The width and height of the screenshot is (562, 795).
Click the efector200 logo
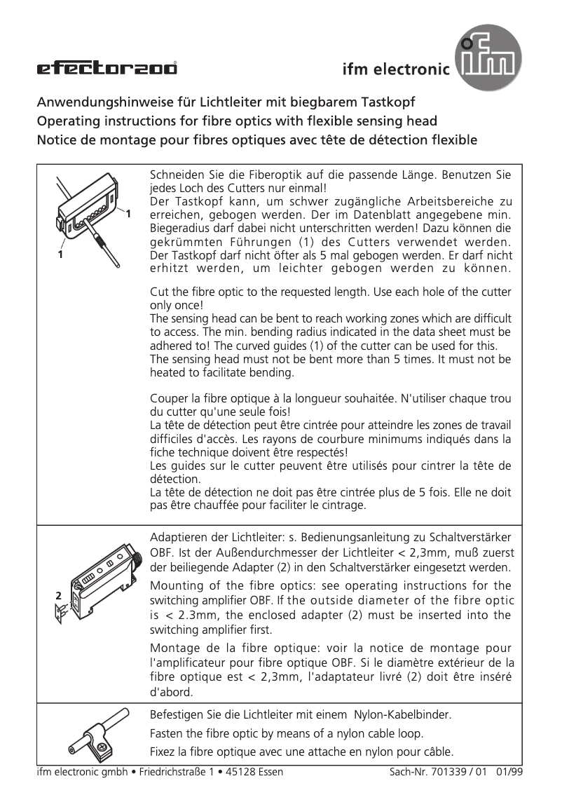click(x=107, y=68)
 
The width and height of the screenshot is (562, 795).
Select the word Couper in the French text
click(x=170, y=399)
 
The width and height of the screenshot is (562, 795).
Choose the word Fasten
click(x=167, y=733)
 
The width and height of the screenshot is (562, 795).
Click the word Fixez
click(x=165, y=752)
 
